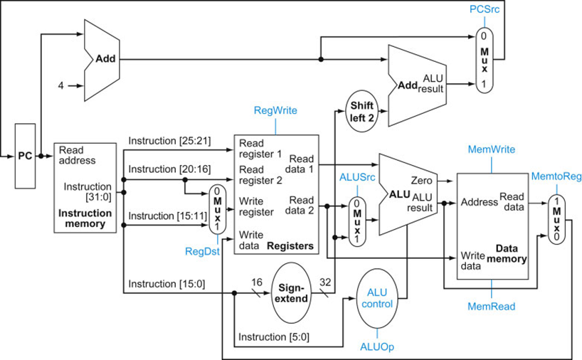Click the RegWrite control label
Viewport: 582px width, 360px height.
pos(275,110)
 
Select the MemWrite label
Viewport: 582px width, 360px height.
pos(491,149)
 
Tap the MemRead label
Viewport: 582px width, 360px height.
pos(491,306)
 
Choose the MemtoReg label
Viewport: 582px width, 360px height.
pos(554,175)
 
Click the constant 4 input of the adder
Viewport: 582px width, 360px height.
pos(61,85)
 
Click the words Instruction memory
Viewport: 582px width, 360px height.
pos(85,218)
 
